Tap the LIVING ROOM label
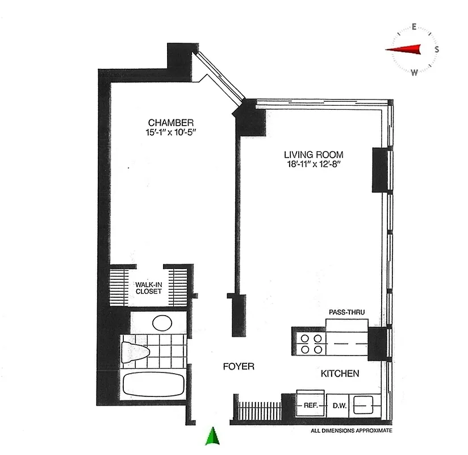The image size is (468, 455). [x=314, y=154]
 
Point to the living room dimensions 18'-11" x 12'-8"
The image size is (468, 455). [x=314, y=164]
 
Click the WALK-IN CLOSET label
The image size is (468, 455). [x=148, y=287]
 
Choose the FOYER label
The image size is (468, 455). [x=238, y=367]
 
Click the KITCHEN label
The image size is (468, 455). [x=340, y=374]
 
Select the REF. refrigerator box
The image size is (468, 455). [x=310, y=405]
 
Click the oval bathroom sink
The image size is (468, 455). [x=162, y=323]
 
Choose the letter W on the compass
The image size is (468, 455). [x=415, y=72]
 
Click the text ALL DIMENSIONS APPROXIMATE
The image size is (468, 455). [x=351, y=431]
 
